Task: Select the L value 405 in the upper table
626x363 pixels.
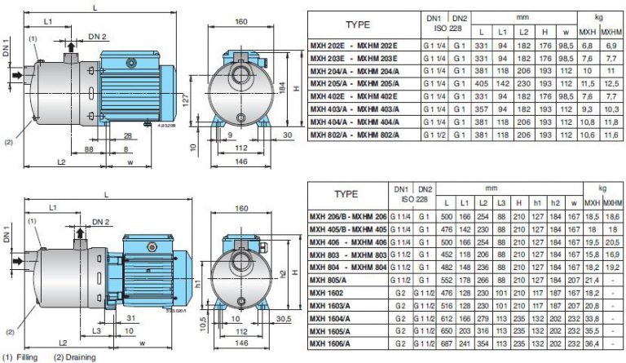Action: pos(482,84)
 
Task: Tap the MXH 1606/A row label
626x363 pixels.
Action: pos(329,344)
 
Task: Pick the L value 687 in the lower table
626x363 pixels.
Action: pos(447,344)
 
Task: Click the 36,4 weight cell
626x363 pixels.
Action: pos(592,344)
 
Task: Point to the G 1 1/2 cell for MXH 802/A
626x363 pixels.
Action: pos(434,135)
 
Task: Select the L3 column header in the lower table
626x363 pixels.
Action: pos(501,203)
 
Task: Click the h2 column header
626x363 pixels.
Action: pos(555,203)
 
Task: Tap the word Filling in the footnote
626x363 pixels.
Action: pos(27,357)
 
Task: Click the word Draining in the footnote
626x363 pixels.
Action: pos(80,357)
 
